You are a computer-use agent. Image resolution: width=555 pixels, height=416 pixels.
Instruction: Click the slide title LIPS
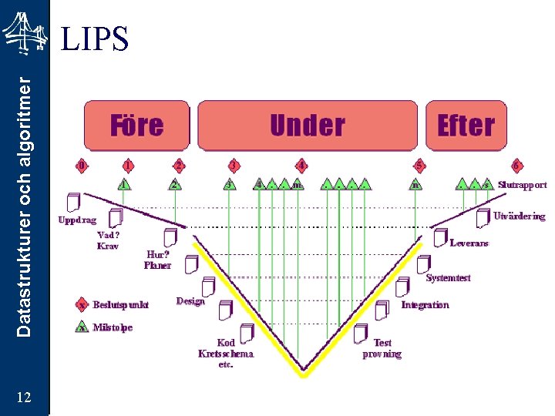click(95, 39)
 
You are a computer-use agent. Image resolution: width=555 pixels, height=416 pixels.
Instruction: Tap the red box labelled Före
click(137, 124)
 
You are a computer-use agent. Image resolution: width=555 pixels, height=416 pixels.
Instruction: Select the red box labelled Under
click(308, 124)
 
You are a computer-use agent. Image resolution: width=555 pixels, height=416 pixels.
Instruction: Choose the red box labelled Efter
click(466, 124)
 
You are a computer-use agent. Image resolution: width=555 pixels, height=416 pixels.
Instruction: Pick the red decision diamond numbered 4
click(301, 166)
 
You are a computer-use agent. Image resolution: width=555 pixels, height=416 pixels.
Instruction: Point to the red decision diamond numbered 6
click(517, 166)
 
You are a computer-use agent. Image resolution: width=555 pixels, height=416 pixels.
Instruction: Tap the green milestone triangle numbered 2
click(176, 185)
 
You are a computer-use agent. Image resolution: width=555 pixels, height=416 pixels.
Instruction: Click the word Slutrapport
click(522, 185)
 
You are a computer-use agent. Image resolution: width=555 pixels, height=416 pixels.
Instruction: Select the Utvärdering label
click(519, 216)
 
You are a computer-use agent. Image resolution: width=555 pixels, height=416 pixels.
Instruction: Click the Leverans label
click(469, 243)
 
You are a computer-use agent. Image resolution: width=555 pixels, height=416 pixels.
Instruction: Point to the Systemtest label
click(448, 278)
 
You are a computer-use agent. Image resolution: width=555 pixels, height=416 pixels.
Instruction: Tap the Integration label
click(425, 305)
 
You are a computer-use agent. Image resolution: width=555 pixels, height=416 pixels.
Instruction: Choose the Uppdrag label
click(78, 220)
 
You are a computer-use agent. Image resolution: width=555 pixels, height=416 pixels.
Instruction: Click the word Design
click(190, 301)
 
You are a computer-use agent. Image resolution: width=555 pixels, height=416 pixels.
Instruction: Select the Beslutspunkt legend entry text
click(121, 304)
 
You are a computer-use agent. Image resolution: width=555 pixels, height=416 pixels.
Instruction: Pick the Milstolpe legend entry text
click(113, 327)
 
